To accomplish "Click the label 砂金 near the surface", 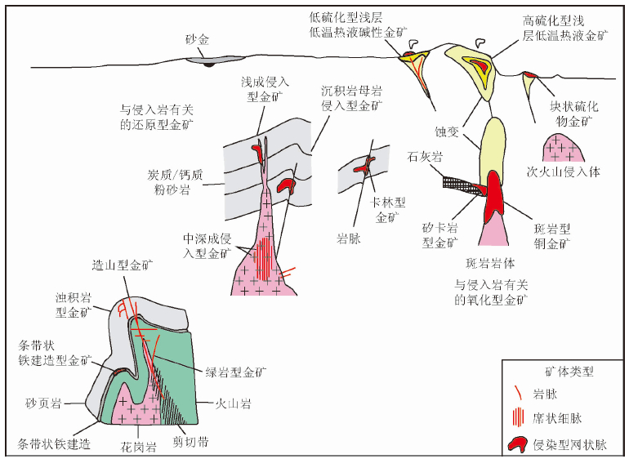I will click(197, 38).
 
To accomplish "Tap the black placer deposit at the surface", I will click(209, 63).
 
